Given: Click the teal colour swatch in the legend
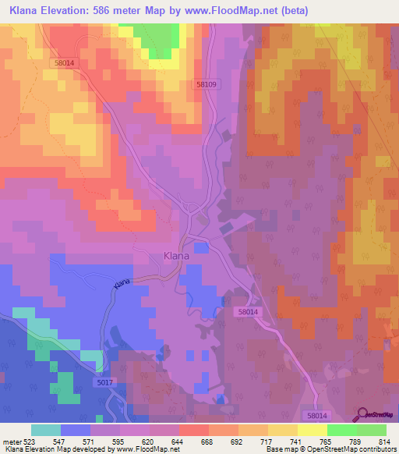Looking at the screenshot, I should coord(45,430).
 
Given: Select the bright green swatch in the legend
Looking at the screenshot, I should coord(341,430).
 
